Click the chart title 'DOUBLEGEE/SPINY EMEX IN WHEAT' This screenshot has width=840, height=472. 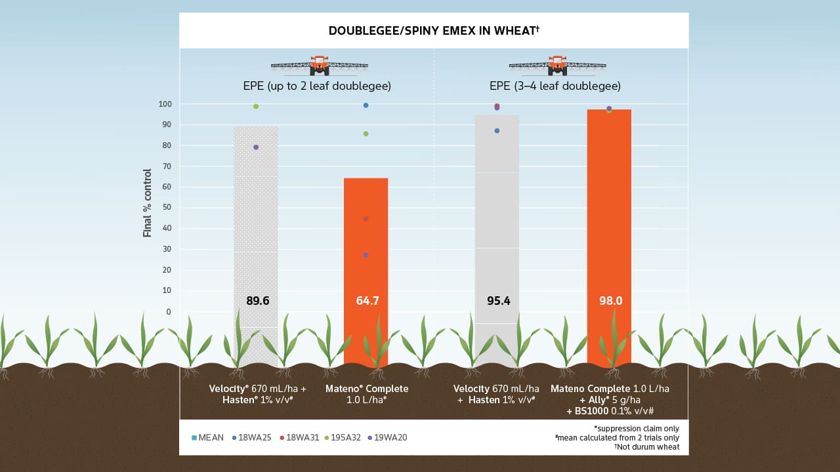click(433, 31)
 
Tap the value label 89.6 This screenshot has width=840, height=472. click(257, 301)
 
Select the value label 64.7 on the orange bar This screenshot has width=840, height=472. click(367, 301)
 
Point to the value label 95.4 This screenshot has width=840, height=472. click(497, 301)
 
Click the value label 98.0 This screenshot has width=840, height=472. click(610, 301)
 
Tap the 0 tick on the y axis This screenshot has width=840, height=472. click(167, 311)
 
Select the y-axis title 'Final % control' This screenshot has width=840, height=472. click(148, 203)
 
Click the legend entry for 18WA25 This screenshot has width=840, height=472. click(254, 437)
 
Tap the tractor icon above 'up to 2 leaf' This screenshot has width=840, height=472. click(320, 65)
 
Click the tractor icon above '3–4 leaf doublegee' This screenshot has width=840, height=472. click(557, 65)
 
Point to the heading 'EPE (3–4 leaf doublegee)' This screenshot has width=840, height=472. click(555, 87)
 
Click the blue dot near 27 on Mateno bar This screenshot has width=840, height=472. click(366, 255)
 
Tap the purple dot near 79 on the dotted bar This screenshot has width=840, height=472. click(256, 147)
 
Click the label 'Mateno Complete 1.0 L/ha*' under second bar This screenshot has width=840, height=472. click(367, 394)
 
